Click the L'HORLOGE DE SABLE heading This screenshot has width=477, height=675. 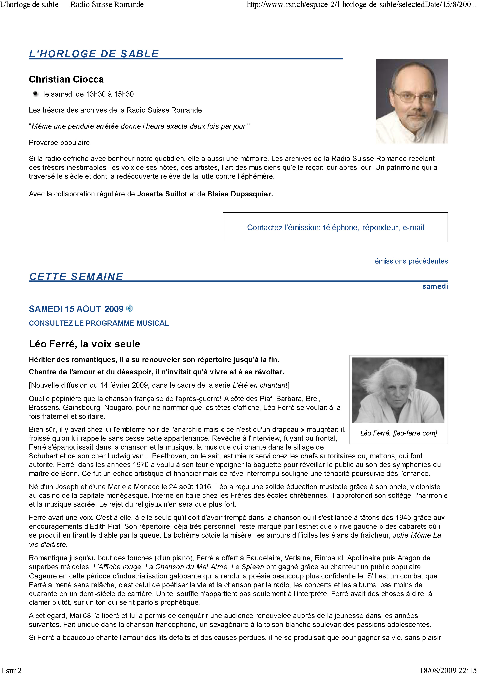(x=94, y=54)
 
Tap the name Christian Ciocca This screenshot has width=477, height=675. (x=66, y=79)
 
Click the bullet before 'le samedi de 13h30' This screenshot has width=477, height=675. (x=36, y=94)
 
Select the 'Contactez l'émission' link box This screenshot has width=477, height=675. (x=335, y=227)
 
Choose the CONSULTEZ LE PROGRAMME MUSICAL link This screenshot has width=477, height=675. (x=99, y=323)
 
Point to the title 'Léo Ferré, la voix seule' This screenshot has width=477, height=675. (x=84, y=344)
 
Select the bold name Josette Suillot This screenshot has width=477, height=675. (x=162, y=194)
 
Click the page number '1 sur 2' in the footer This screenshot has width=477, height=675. (x=11, y=670)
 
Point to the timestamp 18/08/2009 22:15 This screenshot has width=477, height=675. (x=448, y=670)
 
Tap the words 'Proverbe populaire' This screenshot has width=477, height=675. (x=59, y=143)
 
